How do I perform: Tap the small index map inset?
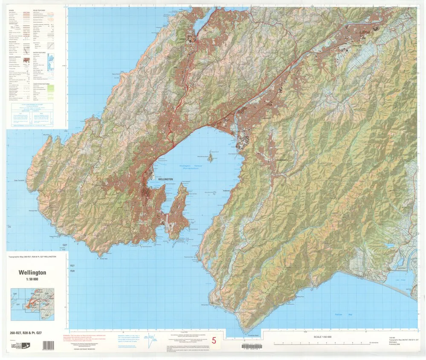coord(32,304)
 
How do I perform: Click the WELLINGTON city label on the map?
coord(165,180)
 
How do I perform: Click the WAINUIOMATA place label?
coord(281,160)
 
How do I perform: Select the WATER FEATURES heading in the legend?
coord(39,52)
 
